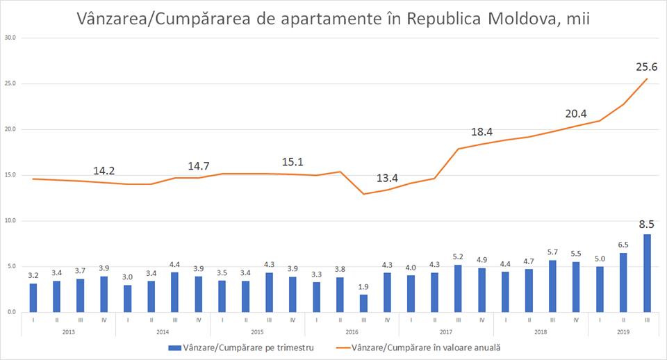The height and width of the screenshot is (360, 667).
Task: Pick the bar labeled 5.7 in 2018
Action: pos(552,286)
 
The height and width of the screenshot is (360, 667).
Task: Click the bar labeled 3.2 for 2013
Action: pos(33,297)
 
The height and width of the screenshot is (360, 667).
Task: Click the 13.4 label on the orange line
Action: pos(388,179)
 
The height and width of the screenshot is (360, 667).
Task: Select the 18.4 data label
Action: pos(483,132)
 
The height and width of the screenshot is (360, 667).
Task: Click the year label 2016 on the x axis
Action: pos(352,332)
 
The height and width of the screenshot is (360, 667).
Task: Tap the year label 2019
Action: pos(623,332)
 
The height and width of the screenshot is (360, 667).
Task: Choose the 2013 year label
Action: pos(68,332)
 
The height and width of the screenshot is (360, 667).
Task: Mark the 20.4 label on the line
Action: pos(576,113)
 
